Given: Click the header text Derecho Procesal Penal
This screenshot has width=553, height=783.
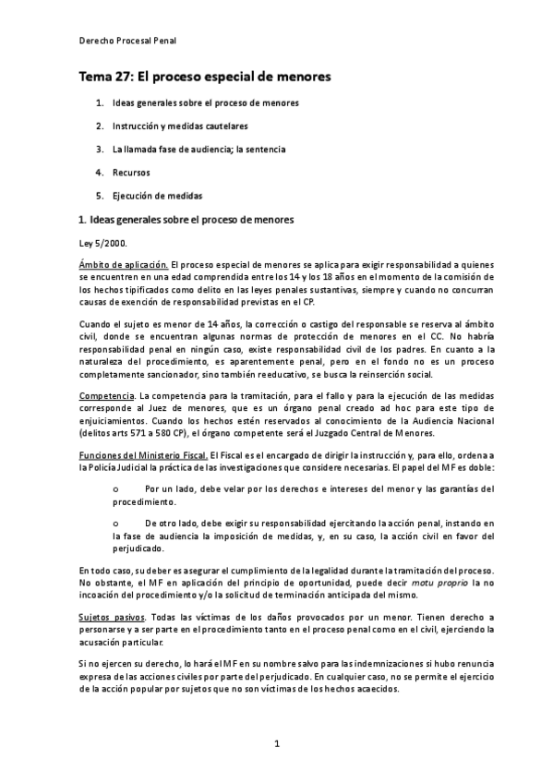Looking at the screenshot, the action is (x=127, y=42).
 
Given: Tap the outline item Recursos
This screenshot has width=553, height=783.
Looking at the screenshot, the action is (x=131, y=172).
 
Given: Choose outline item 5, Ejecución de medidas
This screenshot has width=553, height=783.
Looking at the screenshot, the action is (x=157, y=196).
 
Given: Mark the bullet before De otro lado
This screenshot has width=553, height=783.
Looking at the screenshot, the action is (x=114, y=523).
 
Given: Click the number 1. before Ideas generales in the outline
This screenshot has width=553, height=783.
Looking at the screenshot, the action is (x=99, y=102).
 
